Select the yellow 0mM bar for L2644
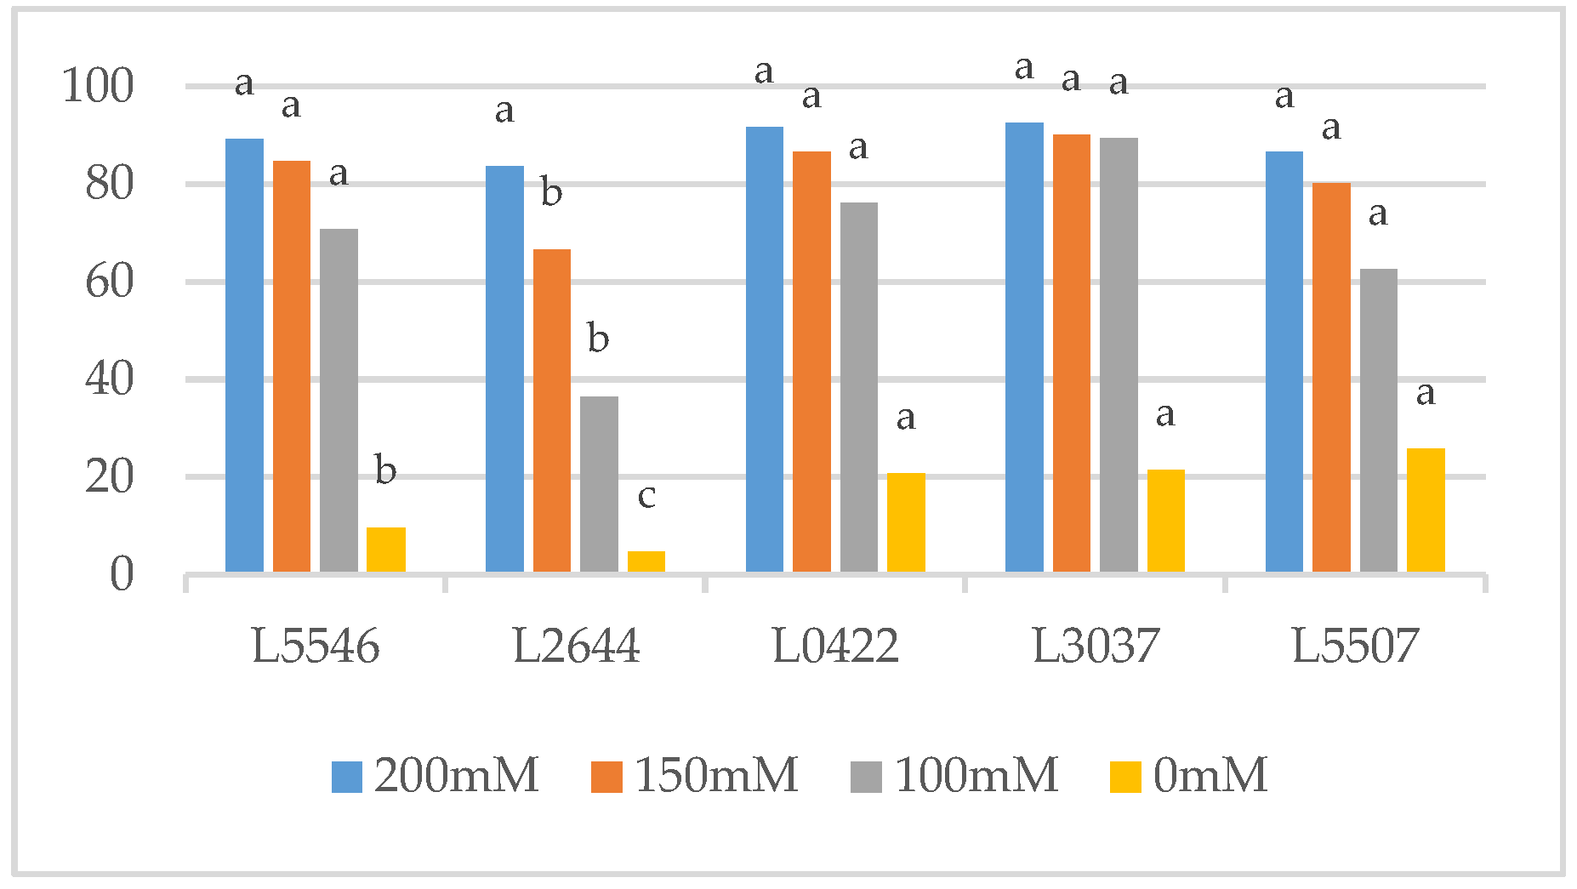tap(646, 561)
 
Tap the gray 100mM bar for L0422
tap(858, 387)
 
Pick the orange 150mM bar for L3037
tap(1071, 353)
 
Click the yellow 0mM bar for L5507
tap(1425, 510)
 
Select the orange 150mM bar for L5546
tap(291, 366)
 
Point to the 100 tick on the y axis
tap(99, 86)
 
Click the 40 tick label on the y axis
tap(110, 379)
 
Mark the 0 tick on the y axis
tap(122, 574)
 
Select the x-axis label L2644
tap(576, 647)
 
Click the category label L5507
tap(1355, 647)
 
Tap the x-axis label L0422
tap(835, 647)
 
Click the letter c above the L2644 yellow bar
tap(646, 496)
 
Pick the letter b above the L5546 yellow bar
tap(385, 470)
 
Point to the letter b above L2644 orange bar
tap(551, 192)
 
